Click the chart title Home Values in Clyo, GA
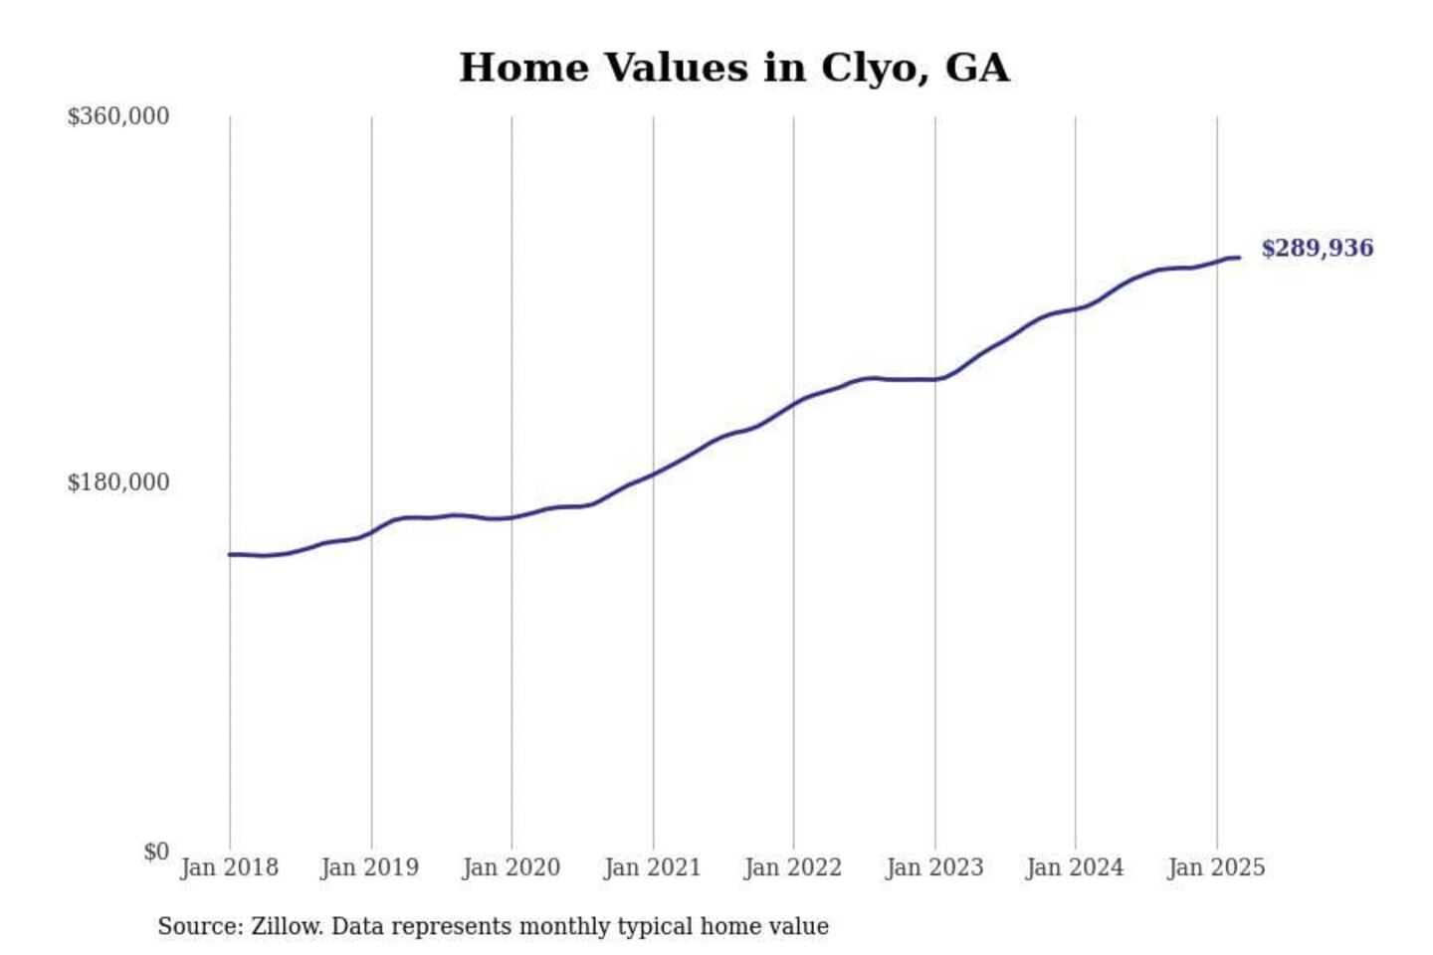pos(733,68)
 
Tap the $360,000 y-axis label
pos(117,116)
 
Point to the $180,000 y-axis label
pos(117,482)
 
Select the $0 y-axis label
pos(156,852)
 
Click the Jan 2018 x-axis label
pos(229,867)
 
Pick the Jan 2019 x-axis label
pos(370,867)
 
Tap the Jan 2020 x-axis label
pos(512,867)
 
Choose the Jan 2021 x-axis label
pos(653,867)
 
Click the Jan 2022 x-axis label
pos(793,867)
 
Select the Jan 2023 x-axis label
pos(934,867)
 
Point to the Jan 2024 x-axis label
pos(1075,867)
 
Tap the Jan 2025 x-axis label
pos(1216,867)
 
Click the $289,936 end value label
pos(1317,248)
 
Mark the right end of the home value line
pos(1239,258)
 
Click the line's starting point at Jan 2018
pos(230,554)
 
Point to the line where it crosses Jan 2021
pos(654,474)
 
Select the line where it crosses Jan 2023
pos(935,379)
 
